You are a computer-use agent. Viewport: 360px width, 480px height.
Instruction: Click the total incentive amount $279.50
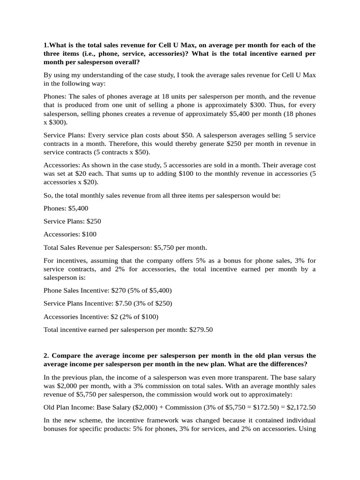[201, 330]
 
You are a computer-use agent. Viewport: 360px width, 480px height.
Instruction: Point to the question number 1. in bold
[46, 45]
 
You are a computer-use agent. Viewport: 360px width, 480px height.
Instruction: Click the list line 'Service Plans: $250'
[72, 221]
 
